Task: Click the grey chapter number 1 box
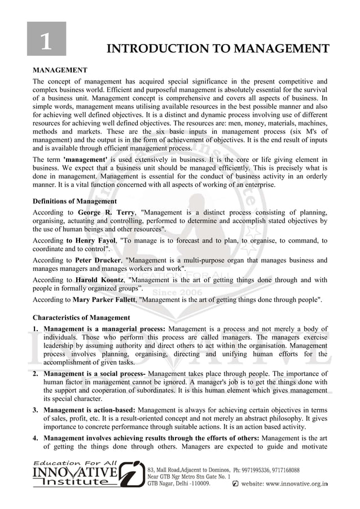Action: click(47, 39)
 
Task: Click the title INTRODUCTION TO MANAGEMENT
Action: click(217, 49)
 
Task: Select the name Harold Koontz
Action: click(100, 280)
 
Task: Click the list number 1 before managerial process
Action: click(35, 329)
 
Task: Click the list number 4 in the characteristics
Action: click(35, 438)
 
